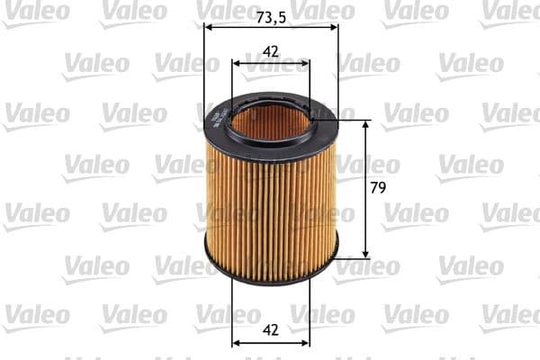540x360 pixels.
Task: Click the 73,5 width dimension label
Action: pyautogui.click(x=271, y=17)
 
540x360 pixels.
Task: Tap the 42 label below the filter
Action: pyautogui.click(x=271, y=329)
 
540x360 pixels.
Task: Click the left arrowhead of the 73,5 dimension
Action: pyautogui.click(x=210, y=28)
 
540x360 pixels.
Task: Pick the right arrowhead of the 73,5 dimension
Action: pyautogui.click(x=334, y=28)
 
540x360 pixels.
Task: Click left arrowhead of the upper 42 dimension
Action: pyautogui.click(x=237, y=63)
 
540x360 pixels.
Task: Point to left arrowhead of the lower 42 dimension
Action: pyautogui.click(x=237, y=342)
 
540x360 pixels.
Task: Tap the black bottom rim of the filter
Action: pyautogui.click(x=270, y=281)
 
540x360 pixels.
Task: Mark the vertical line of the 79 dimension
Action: pyautogui.click(x=365, y=189)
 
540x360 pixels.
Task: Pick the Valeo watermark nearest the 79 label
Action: pyautogui.click(x=369, y=166)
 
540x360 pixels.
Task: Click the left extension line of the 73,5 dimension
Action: pyautogui.click(x=204, y=72)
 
